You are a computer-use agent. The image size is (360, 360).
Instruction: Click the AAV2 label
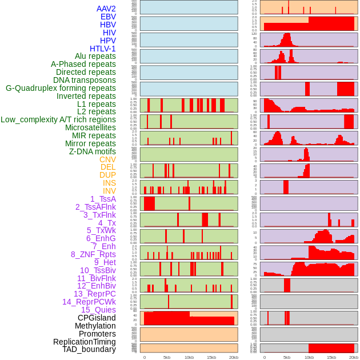click(106, 9)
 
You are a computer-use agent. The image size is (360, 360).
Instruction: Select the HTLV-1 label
click(102, 49)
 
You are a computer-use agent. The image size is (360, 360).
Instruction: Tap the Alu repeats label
click(95, 56)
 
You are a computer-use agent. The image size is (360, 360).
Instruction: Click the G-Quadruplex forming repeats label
click(61, 88)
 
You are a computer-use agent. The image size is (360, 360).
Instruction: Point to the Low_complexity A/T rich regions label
click(58, 119)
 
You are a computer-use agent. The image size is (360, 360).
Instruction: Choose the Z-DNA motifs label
click(92, 151)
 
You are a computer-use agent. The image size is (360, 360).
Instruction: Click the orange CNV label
click(107, 159)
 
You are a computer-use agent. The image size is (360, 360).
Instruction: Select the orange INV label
click(109, 191)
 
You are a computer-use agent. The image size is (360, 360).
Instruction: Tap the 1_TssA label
click(103, 199)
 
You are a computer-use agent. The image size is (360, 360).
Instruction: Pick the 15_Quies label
click(98, 310)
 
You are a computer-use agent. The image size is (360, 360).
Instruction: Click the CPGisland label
click(97, 318)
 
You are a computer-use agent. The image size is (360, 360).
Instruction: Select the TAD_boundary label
click(89, 349)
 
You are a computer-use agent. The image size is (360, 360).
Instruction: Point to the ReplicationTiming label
click(85, 342)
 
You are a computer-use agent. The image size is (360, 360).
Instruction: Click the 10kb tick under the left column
click(189, 357)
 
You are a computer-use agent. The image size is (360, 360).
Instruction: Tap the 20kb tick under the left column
click(233, 357)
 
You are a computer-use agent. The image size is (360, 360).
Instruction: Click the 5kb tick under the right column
click(286, 357)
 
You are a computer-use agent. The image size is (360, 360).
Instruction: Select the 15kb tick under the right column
click(331, 357)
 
